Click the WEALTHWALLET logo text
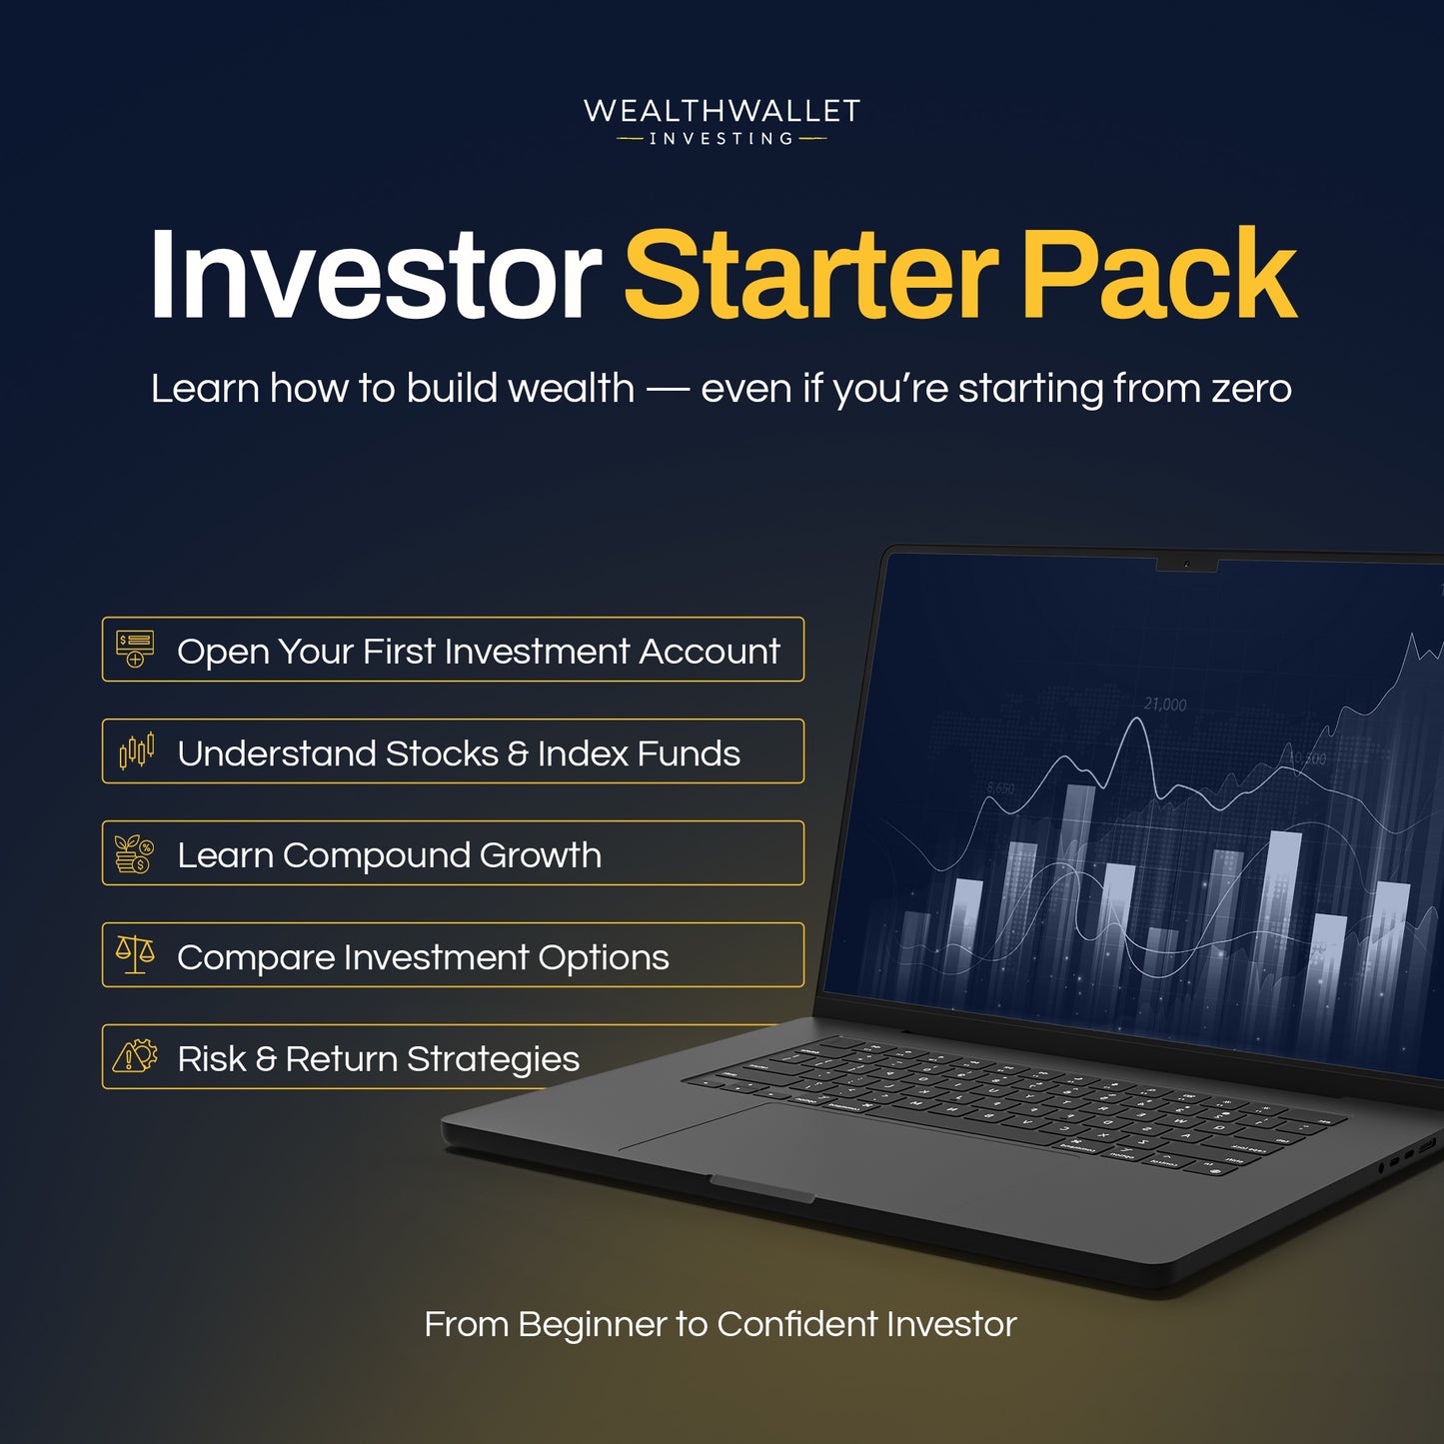(722, 110)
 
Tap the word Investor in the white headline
(375, 274)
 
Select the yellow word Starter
(810, 274)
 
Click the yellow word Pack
(1158, 274)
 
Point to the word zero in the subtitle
(1251, 389)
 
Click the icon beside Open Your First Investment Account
(135, 650)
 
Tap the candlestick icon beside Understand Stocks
(136, 751)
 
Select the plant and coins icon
(134, 854)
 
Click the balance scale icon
(135, 955)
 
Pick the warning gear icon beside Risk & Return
(135, 1056)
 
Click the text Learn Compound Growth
(389, 855)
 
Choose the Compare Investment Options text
(423, 957)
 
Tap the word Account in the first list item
(710, 652)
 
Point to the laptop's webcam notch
(1186, 566)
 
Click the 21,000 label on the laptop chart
(1165, 705)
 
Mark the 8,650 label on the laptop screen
(1000, 788)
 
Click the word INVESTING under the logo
(722, 139)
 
